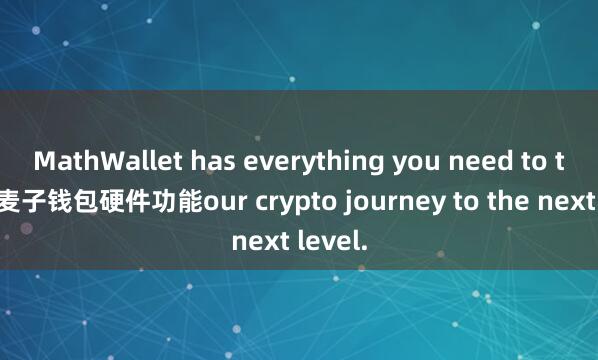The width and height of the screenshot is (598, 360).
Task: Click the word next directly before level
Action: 254,239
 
